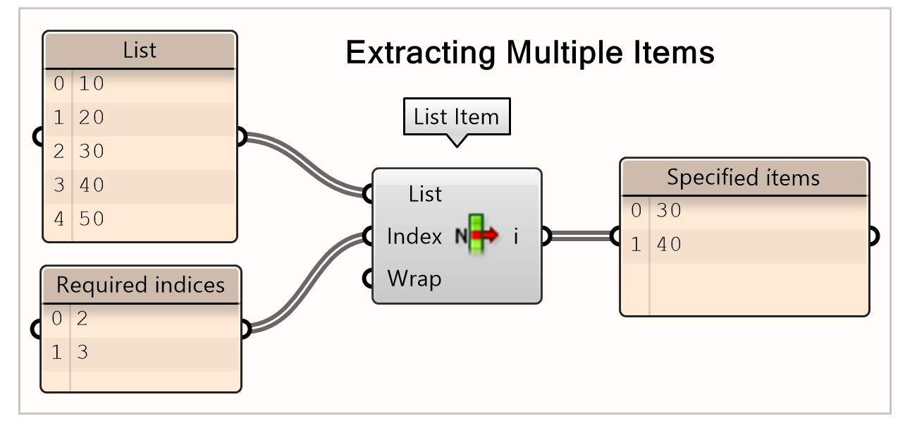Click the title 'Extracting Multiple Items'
(x=530, y=53)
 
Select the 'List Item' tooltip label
(x=456, y=116)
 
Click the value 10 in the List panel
(x=92, y=84)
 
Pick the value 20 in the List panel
(x=92, y=118)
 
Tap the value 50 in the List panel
(x=92, y=219)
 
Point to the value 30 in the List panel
(x=92, y=152)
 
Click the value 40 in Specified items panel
(x=669, y=245)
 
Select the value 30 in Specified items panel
(x=669, y=211)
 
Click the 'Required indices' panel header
(x=140, y=285)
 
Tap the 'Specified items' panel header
(x=743, y=177)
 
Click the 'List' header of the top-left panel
(x=140, y=51)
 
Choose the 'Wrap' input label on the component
(x=414, y=279)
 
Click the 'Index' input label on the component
(x=414, y=237)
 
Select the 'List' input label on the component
(x=425, y=195)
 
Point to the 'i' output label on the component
(x=516, y=237)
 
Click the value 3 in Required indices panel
(x=82, y=353)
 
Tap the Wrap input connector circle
(x=367, y=279)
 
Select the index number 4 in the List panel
(x=59, y=219)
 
